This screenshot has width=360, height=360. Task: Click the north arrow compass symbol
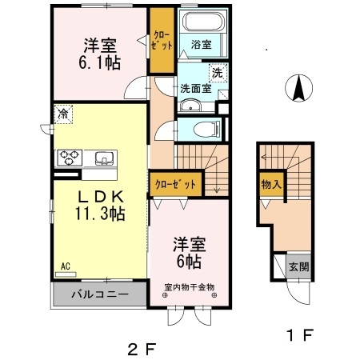298,87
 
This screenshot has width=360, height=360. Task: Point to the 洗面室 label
194,89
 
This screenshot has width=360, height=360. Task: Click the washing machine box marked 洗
217,73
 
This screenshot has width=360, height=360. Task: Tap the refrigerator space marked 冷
62,114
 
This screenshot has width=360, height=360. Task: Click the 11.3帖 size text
99,214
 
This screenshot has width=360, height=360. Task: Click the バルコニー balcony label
101,294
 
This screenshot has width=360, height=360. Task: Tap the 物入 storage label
270,184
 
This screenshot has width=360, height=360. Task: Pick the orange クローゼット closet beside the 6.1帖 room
162,40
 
